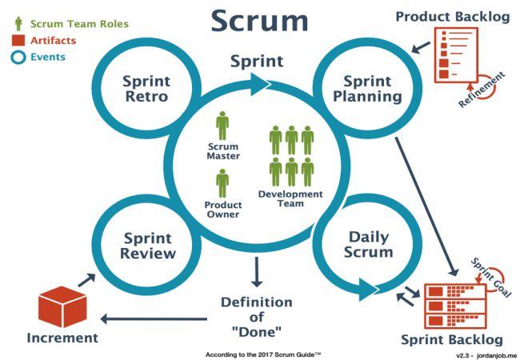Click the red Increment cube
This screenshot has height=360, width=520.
[62, 306]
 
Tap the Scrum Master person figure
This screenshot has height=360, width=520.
[222, 126]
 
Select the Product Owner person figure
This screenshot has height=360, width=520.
[222, 183]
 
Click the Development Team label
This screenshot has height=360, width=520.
[290, 198]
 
